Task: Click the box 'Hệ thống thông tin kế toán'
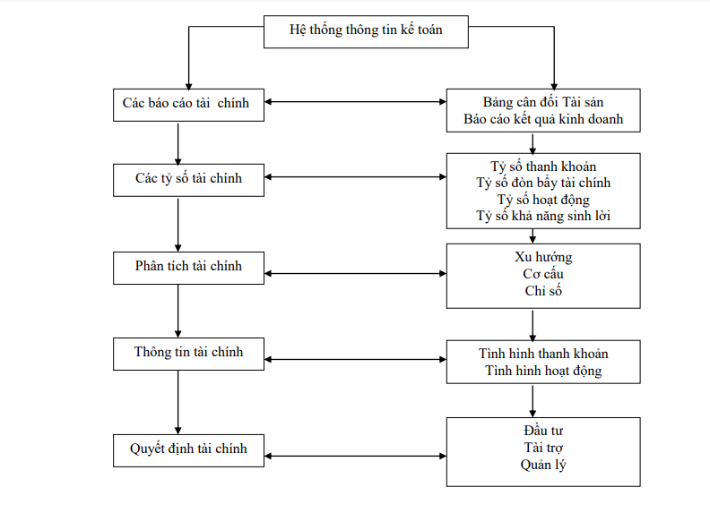(x=366, y=30)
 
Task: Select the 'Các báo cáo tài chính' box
(x=188, y=104)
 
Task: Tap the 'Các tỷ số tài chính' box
(x=188, y=178)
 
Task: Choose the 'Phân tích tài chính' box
(x=188, y=267)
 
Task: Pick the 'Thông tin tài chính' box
(x=188, y=353)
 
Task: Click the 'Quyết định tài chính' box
(x=188, y=449)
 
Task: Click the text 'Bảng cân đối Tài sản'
(x=543, y=101)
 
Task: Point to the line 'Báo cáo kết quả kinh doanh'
(x=543, y=118)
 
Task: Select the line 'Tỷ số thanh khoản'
(x=543, y=167)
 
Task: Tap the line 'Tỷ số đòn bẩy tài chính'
(x=543, y=184)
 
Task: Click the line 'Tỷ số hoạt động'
(x=543, y=200)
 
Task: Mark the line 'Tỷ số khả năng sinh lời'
(x=543, y=217)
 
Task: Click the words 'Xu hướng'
(x=543, y=257)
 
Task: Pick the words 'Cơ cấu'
(x=543, y=274)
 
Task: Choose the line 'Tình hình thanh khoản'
(x=543, y=354)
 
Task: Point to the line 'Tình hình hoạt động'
(x=543, y=371)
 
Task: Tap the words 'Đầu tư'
(x=543, y=431)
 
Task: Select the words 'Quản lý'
(x=543, y=465)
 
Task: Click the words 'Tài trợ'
(x=543, y=448)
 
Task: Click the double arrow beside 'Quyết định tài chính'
(x=355, y=457)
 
